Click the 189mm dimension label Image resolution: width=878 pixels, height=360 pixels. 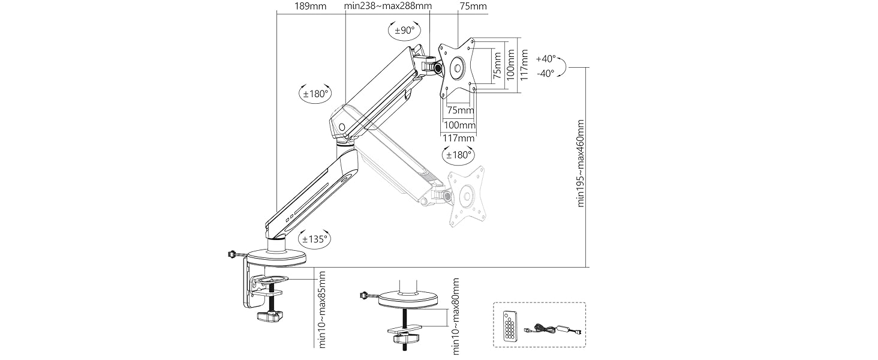[311, 7]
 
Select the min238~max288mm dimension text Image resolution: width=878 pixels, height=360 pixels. [388, 7]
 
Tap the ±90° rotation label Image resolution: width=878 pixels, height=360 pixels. [405, 30]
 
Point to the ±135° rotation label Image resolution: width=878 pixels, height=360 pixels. [315, 239]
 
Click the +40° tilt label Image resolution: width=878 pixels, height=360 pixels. [546, 59]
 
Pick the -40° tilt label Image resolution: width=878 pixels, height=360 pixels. [546, 73]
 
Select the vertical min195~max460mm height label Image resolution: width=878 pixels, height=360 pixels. [581, 163]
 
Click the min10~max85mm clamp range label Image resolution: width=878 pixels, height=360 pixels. [322, 310]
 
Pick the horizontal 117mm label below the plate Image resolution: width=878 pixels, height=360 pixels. [458, 139]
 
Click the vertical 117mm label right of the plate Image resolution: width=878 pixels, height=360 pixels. [525, 64]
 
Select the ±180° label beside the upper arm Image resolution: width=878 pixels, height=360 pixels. [315, 94]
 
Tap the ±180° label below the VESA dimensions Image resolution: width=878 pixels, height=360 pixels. [458, 155]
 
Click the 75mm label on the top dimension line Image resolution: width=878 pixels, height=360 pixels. [473, 7]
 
